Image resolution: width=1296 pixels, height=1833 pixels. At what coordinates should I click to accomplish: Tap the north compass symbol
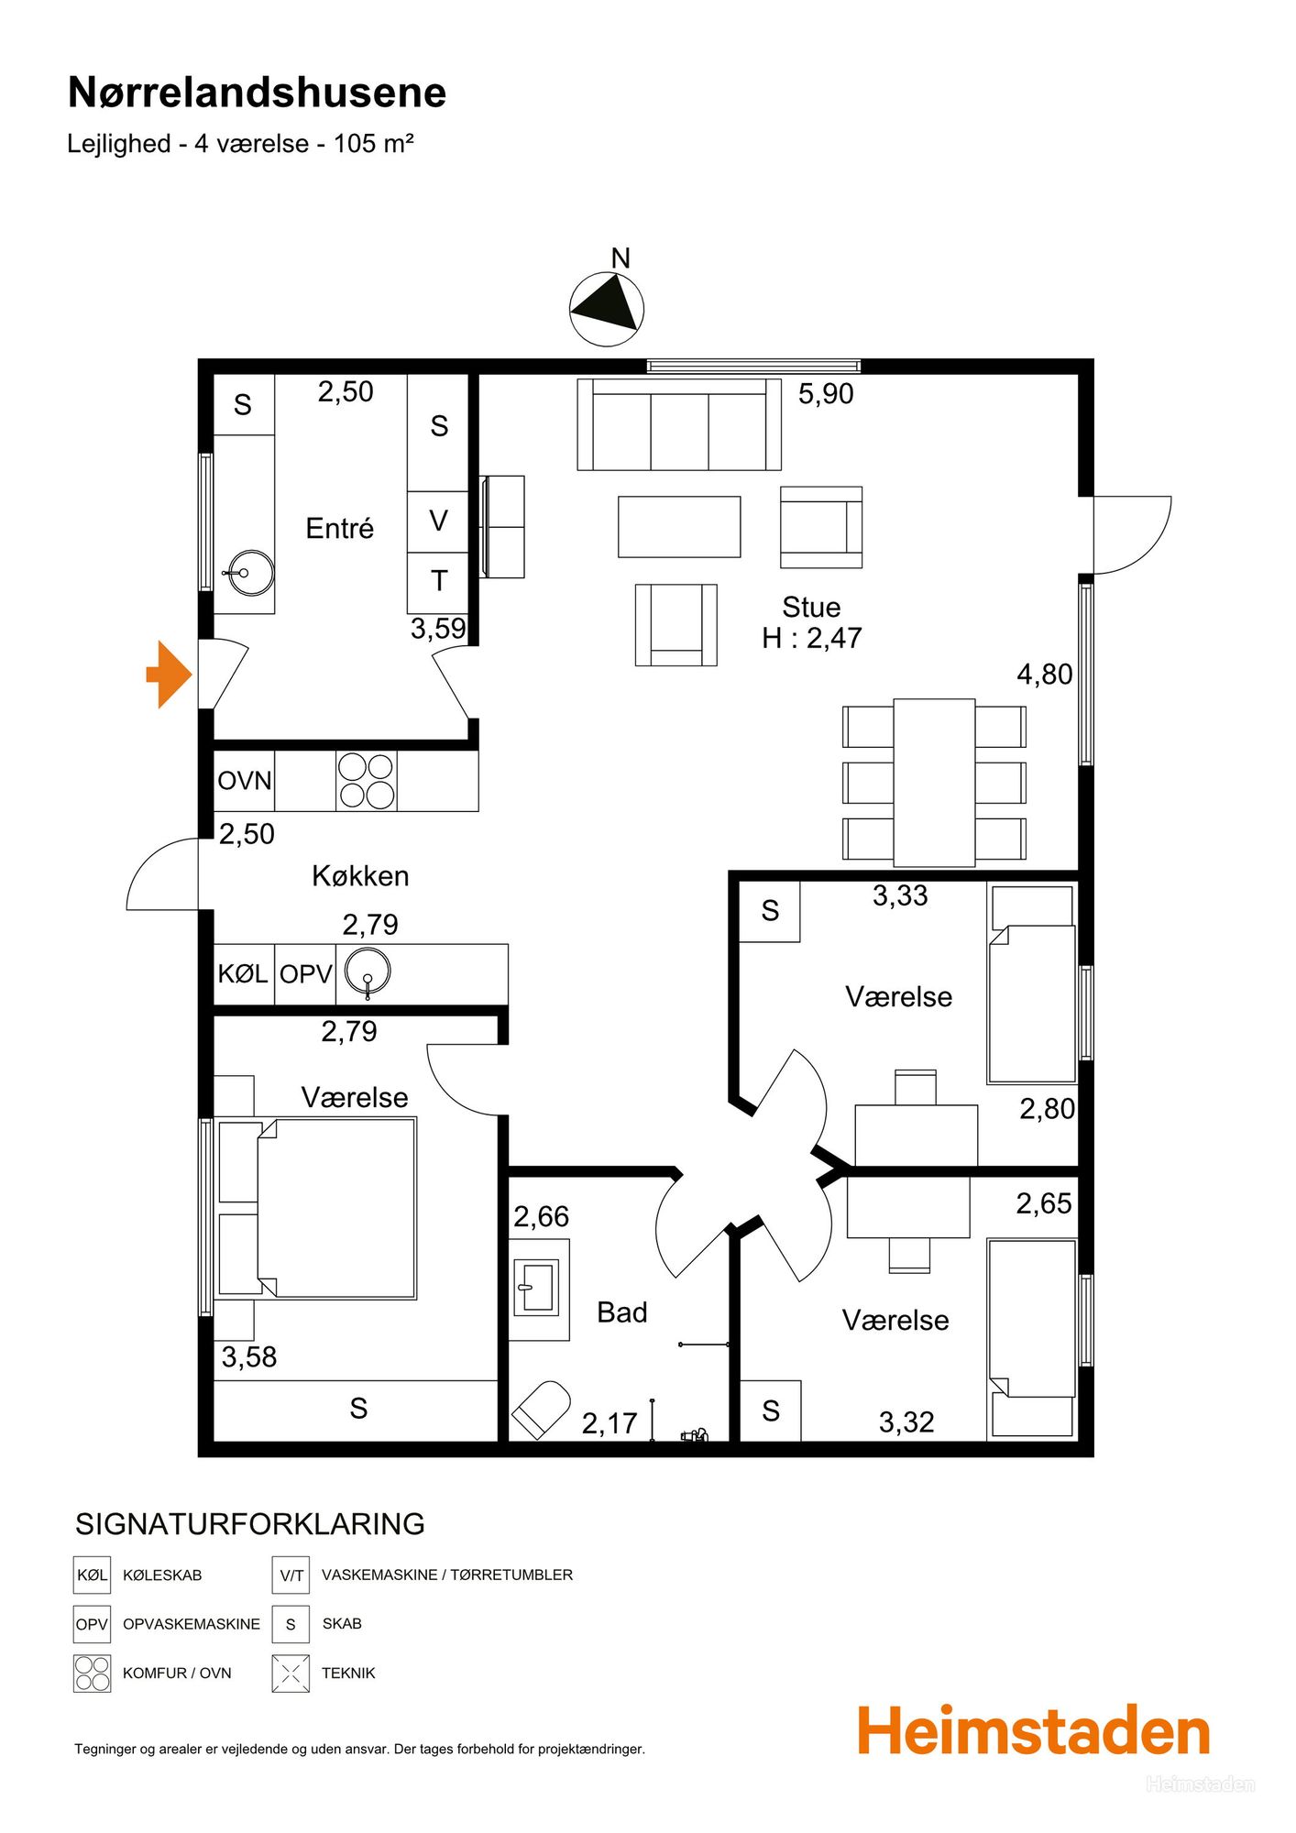tap(607, 309)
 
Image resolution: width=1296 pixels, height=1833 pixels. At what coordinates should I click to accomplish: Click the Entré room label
tap(340, 529)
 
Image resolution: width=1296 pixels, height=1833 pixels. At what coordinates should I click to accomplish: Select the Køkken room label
tap(360, 876)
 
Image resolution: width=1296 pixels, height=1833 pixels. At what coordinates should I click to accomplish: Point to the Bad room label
tap(622, 1312)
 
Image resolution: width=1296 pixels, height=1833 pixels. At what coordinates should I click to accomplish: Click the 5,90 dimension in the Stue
tap(826, 394)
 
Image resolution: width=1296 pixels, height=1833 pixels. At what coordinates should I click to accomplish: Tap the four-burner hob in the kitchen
tap(367, 781)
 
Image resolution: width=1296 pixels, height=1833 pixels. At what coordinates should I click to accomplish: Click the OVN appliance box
tap(245, 781)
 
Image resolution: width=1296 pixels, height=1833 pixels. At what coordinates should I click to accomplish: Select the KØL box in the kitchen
tap(244, 974)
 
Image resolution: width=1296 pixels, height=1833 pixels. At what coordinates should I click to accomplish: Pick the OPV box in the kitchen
tap(305, 974)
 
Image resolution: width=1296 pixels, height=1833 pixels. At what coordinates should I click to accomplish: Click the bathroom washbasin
tap(539, 1290)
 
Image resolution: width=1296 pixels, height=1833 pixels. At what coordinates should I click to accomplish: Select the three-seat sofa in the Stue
tap(679, 424)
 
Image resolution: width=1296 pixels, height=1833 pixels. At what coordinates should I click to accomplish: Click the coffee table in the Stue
tap(679, 527)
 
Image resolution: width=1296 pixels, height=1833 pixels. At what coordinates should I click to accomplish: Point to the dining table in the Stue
tap(934, 783)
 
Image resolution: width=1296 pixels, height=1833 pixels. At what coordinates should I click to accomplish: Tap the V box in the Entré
tap(438, 521)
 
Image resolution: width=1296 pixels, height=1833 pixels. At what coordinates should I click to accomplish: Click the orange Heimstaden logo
tap(1034, 1731)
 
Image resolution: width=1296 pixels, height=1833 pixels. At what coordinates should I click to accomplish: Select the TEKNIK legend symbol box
tap(291, 1674)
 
